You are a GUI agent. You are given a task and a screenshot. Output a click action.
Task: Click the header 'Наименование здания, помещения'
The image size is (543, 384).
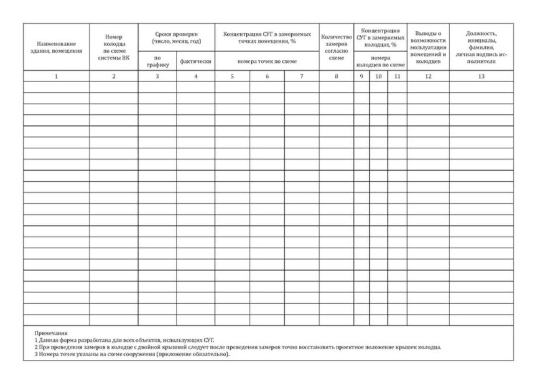coord(56,47)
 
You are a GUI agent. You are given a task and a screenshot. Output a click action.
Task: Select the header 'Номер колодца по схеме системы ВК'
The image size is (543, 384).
coord(114,47)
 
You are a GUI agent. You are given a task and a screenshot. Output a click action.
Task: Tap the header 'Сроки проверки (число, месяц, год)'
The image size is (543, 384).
coord(177,37)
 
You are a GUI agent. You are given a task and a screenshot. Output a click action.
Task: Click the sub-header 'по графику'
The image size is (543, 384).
coord(157,62)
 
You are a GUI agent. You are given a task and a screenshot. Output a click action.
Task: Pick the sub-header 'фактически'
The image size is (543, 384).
coord(196,62)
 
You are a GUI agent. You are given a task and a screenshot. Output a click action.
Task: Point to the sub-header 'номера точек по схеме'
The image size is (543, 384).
coord(267,61)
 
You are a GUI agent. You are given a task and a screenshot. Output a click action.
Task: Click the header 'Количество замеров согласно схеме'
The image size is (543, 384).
coord(336,47)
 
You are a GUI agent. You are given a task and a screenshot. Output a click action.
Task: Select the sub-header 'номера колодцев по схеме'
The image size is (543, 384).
coord(380,62)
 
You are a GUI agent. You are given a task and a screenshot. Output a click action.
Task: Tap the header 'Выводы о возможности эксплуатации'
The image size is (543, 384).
coord(428,47)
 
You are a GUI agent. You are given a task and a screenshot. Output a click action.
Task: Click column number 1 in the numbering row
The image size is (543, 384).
coord(56,76)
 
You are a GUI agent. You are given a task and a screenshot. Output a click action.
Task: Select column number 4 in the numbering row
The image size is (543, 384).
coord(196,76)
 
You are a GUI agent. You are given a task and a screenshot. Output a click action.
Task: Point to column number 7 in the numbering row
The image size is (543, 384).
coord(301,76)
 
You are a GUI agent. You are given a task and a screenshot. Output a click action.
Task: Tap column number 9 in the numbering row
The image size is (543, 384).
coord(361,76)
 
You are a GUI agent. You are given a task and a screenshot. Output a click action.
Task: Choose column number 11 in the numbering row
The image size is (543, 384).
coord(397,76)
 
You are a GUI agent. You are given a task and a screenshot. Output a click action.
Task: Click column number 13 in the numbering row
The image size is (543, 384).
coord(481,76)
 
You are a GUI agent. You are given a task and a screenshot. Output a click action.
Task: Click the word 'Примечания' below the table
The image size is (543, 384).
coord(51,333)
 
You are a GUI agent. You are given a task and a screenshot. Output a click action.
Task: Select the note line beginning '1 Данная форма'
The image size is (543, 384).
coord(124,340)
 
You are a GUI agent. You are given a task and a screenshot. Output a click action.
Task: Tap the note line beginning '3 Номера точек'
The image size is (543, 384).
coord(132,354)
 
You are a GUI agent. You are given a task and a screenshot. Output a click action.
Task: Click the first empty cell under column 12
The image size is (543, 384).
coord(428,87)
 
